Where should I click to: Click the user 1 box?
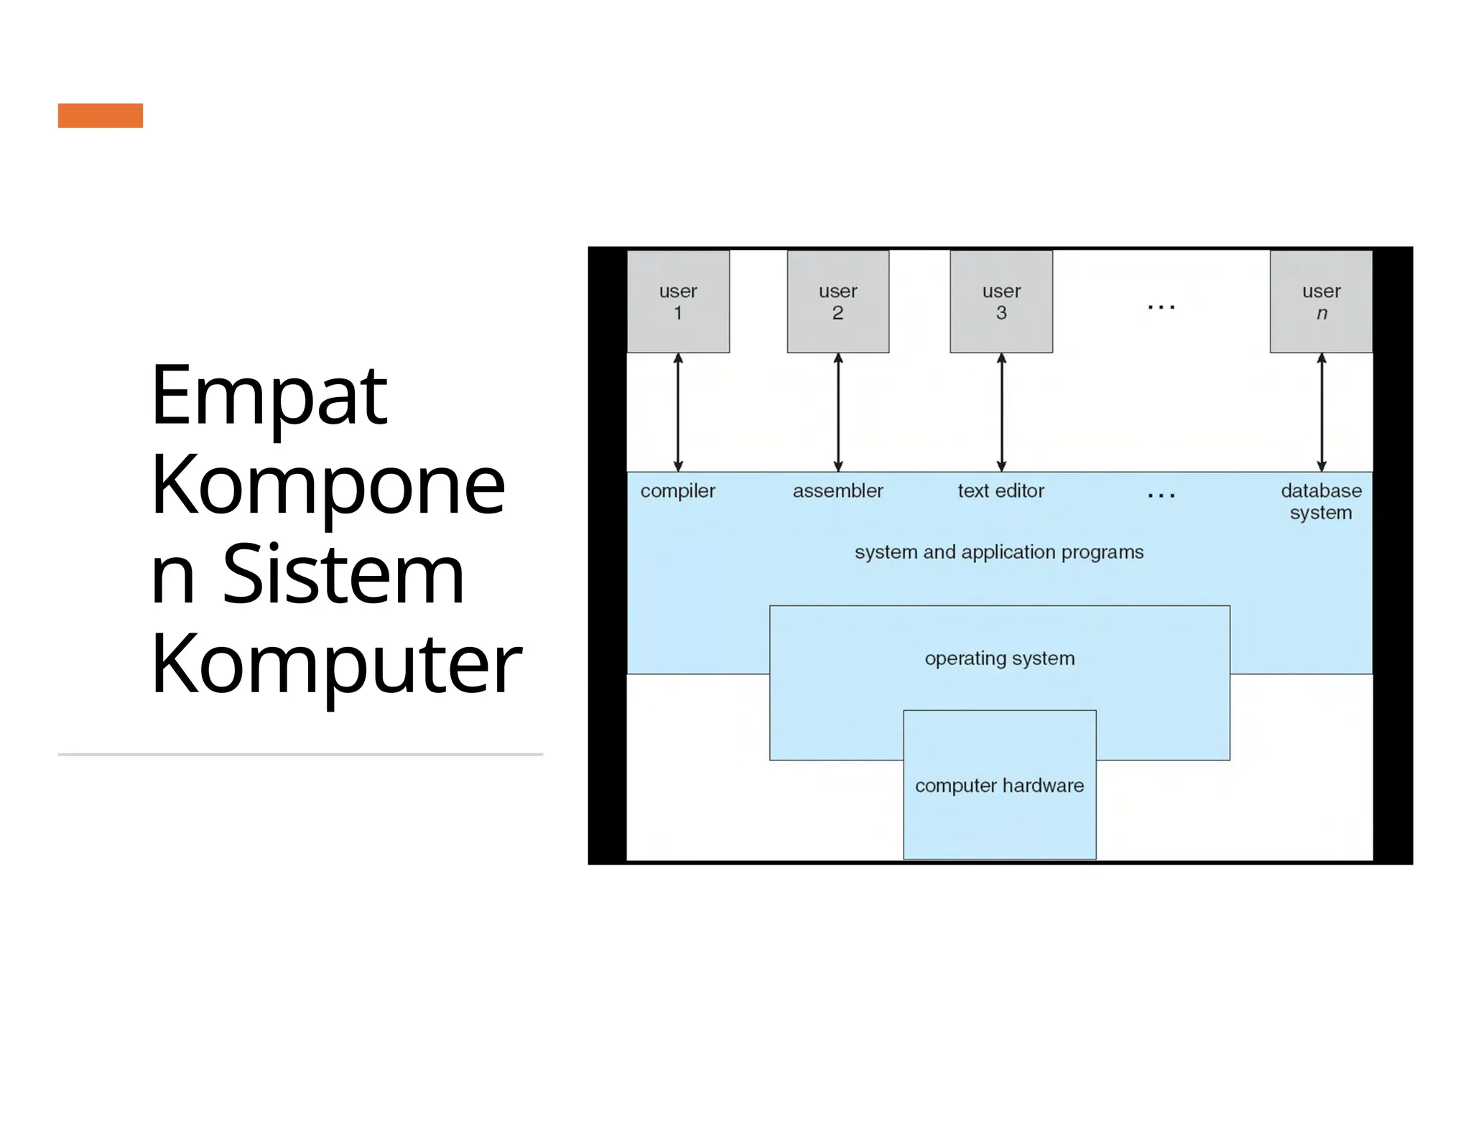(x=678, y=302)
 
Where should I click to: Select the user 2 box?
(x=837, y=302)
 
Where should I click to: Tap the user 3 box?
(x=1001, y=302)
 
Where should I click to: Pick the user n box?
(x=1321, y=302)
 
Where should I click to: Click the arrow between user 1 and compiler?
(x=678, y=412)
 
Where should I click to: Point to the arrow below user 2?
(x=837, y=412)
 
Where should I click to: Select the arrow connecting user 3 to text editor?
(x=1001, y=412)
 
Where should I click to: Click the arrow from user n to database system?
(x=1321, y=412)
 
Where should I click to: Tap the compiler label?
(x=678, y=491)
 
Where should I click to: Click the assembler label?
(x=837, y=491)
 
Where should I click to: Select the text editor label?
(x=1001, y=491)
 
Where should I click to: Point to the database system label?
(x=1321, y=501)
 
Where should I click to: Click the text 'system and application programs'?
(x=999, y=552)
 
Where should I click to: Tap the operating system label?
(x=999, y=658)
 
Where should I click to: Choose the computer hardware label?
(x=999, y=786)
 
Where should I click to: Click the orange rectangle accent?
(x=101, y=116)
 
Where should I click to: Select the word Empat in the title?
(x=269, y=396)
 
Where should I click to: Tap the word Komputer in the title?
(x=336, y=665)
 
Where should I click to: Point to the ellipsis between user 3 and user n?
(x=1161, y=307)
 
